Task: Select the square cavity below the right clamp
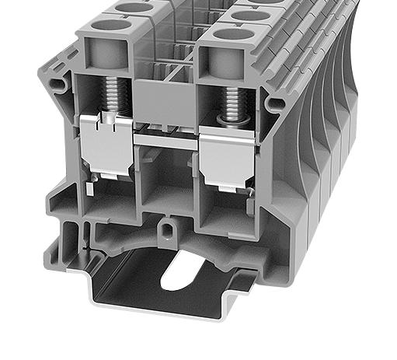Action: [225, 208]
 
